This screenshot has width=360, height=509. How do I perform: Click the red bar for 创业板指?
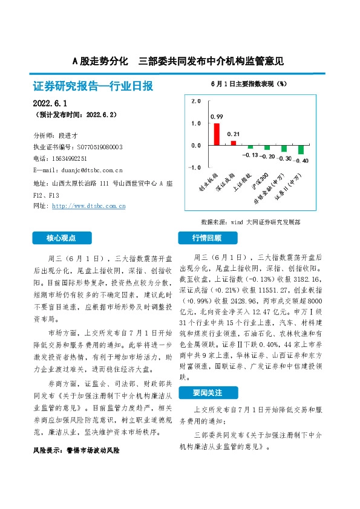click(x=217, y=134)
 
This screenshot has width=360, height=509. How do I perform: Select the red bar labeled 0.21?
click(x=234, y=143)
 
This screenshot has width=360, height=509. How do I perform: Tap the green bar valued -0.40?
click(x=301, y=150)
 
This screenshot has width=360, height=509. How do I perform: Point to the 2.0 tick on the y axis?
click(x=195, y=102)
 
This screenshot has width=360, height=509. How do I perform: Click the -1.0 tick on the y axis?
click(x=194, y=167)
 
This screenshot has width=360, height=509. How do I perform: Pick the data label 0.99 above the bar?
click(x=217, y=117)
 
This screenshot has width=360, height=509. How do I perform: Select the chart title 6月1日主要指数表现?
click(x=249, y=83)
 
